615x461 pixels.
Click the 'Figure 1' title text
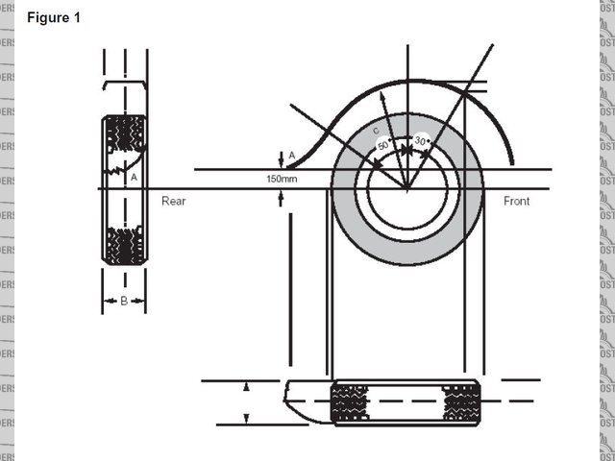click(x=54, y=19)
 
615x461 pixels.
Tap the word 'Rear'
click(x=173, y=201)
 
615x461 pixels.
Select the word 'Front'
click(x=517, y=201)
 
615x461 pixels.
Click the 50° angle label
click(x=383, y=145)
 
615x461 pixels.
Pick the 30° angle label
click(x=421, y=141)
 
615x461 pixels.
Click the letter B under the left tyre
click(x=124, y=302)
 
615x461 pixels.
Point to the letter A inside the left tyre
click(x=134, y=177)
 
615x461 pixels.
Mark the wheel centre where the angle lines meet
click(x=406, y=188)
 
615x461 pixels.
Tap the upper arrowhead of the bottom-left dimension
click(x=247, y=387)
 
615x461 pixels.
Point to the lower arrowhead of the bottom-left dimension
click(x=247, y=417)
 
